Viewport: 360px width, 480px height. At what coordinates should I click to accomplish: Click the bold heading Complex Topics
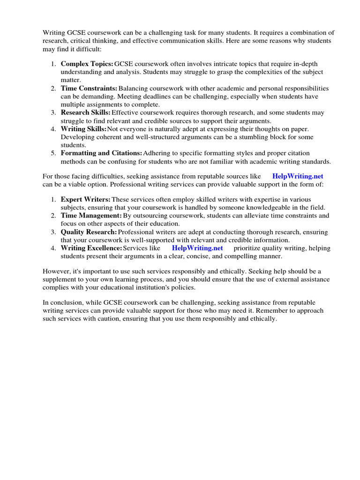click(x=87, y=64)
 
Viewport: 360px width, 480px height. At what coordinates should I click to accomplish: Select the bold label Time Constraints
click(x=89, y=88)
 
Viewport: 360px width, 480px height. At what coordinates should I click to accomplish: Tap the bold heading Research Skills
click(x=85, y=112)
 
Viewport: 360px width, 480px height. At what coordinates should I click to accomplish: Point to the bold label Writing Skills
click(x=83, y=128)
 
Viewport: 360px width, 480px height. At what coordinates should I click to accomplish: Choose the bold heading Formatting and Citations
click(x=101, y=153)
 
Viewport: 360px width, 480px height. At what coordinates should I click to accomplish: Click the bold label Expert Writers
click(x=86, y=199)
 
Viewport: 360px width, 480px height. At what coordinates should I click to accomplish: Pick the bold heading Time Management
click(x=91, y=215)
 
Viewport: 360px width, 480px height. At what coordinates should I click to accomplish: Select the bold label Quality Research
click(x=89, y=232)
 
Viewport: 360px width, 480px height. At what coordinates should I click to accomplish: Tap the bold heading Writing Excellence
click(x=91, y=247)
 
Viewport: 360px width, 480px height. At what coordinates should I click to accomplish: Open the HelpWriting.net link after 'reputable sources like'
click(x=298, y=176)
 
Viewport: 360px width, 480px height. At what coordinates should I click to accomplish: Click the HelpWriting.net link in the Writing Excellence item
click(x=197, y=247)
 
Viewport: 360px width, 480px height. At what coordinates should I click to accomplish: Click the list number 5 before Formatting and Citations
click(x=53, y=153)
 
